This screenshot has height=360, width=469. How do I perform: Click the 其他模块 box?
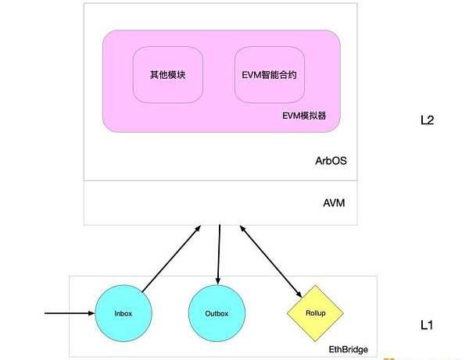click(167, 75)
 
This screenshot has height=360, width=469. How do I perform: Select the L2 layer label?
click(426, 121)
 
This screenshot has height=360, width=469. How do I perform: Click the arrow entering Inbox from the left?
click(66, 314)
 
